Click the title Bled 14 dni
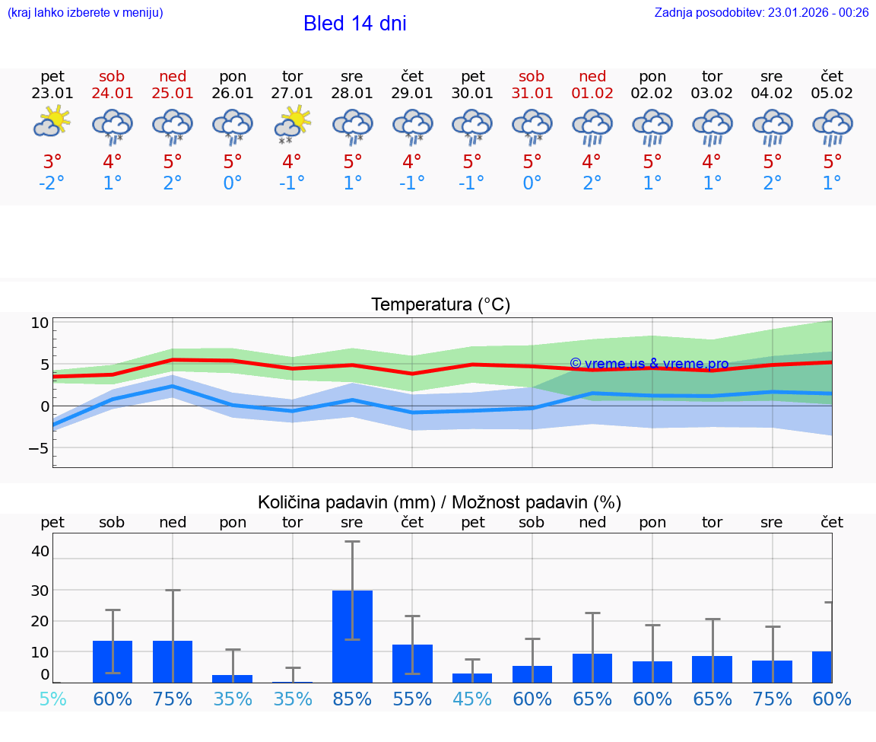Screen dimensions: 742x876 coord(354,24)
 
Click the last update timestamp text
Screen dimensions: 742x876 coord(761,12)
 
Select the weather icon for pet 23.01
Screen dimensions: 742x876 coord(52,123)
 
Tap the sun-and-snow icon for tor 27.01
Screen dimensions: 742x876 coord(292,125)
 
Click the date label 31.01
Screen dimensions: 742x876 coord(532,94)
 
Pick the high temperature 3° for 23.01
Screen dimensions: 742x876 coord(52,162)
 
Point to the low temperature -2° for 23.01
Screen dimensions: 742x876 coord(52,183)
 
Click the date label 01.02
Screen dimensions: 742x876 coord(592,94)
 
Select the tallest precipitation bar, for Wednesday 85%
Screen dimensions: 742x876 coord(352,636)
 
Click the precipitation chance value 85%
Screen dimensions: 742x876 coord(352,699)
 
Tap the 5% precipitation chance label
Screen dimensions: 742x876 coord(52,699)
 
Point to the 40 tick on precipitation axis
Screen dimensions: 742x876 coord(40,551)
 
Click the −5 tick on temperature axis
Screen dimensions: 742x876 coord(39,448)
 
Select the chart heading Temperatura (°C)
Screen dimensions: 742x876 coord(440,305)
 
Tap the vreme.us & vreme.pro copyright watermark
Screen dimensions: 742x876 coord(649,364)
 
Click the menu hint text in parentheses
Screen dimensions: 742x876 coord(84,12)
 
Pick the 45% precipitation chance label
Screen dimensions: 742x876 coord(472,699)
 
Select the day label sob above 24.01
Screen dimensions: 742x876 coord(112,76)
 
